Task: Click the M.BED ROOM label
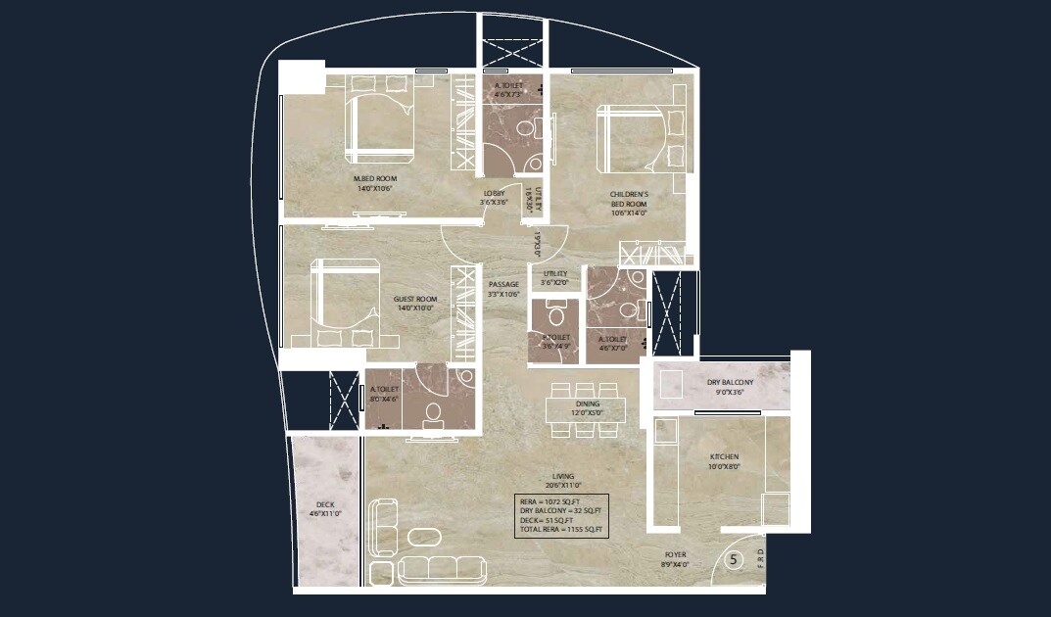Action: [x=372, y=178]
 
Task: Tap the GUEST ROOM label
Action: [x=415, y=300]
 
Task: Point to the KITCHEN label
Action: [x=725, y=457]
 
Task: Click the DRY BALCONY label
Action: [x=731, y=382]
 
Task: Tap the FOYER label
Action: [x=675, y=554]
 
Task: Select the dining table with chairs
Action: [x=587, y=403]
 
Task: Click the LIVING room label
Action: [x=563, y=477]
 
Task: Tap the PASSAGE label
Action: [x=503, y=285]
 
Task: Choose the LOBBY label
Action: [x=493, y=194]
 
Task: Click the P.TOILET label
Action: [x=555, y=337]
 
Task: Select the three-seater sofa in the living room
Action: [x=443, y=568]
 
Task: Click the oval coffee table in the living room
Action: [x=424, y=537]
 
